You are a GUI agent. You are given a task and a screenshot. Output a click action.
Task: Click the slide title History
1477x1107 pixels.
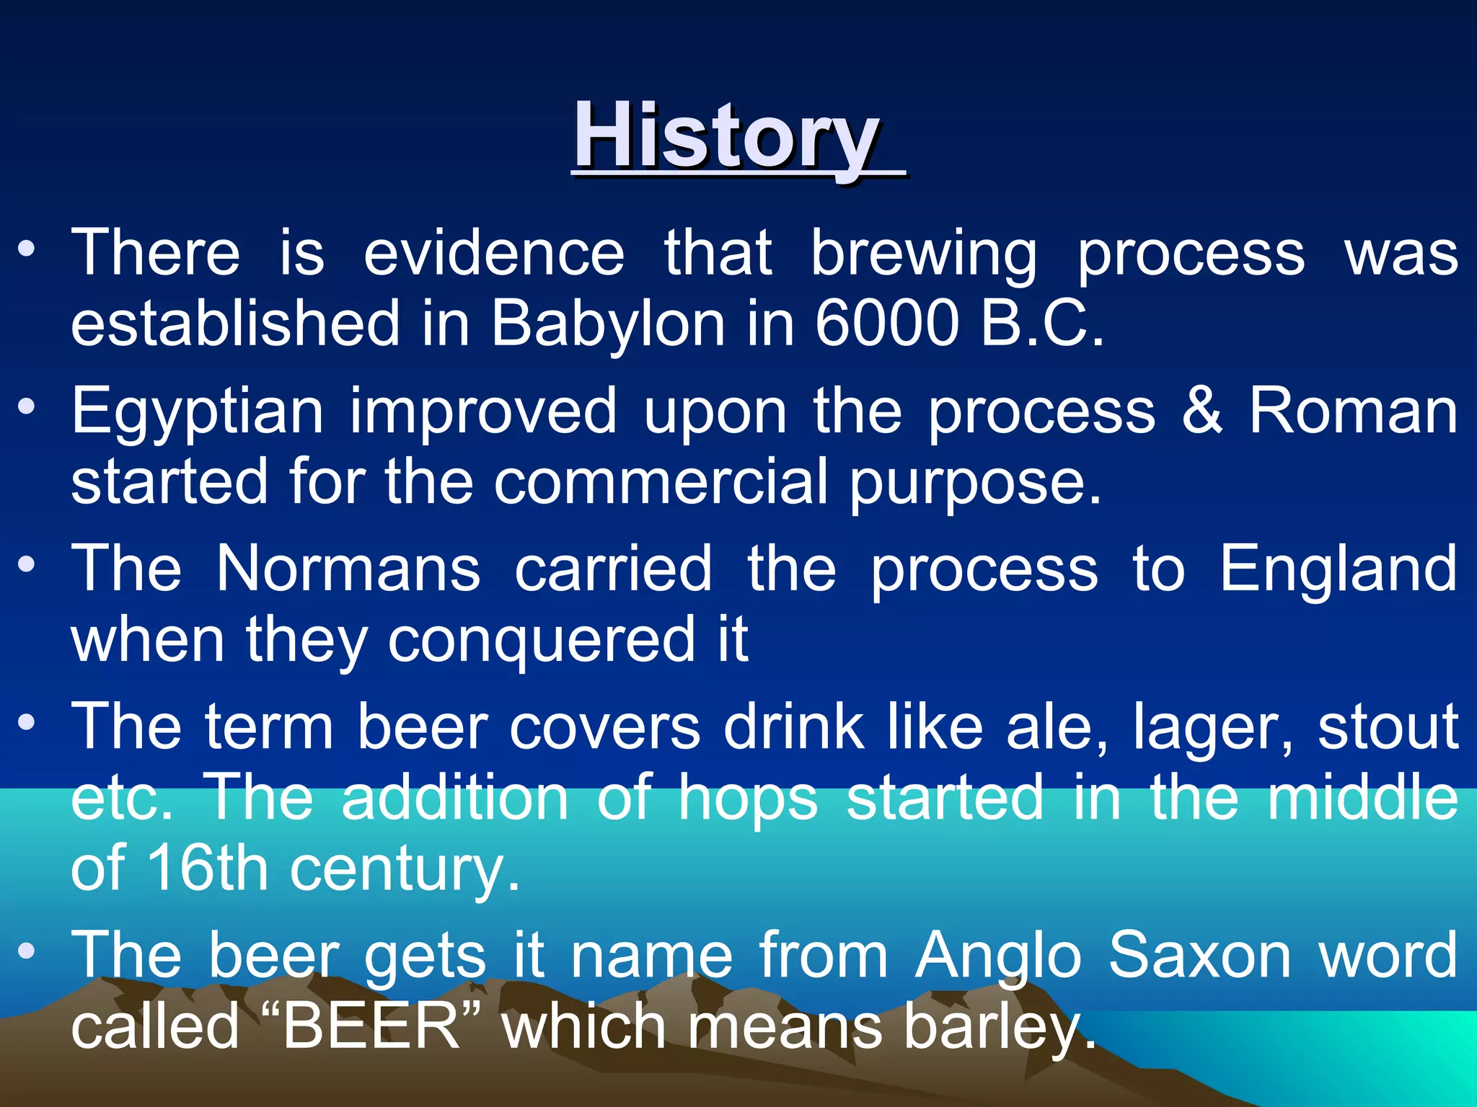[726, 136]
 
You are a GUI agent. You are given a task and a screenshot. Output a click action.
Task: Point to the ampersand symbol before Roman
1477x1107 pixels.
[1202, 411]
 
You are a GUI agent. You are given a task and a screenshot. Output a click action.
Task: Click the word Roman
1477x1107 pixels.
[1353, 411]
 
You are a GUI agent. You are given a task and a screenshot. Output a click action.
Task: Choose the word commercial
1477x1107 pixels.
[661, 481]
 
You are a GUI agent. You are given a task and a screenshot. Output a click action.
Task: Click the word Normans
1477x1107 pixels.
[348, 569]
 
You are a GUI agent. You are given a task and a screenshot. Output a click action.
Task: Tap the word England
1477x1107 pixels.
[1339, 569]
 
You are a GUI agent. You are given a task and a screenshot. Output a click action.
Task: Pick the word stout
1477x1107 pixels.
[1388, 726]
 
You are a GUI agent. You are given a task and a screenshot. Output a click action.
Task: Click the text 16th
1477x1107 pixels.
[208, 868]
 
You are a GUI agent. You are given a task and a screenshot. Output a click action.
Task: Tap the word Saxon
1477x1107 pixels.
[1199, 956]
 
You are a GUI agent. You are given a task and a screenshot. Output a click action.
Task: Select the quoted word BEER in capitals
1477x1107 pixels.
[371, 1026]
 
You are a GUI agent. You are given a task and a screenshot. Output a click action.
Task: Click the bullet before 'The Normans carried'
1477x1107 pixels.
[27, 565]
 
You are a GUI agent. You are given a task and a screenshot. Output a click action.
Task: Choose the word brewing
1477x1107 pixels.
[924, 254]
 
